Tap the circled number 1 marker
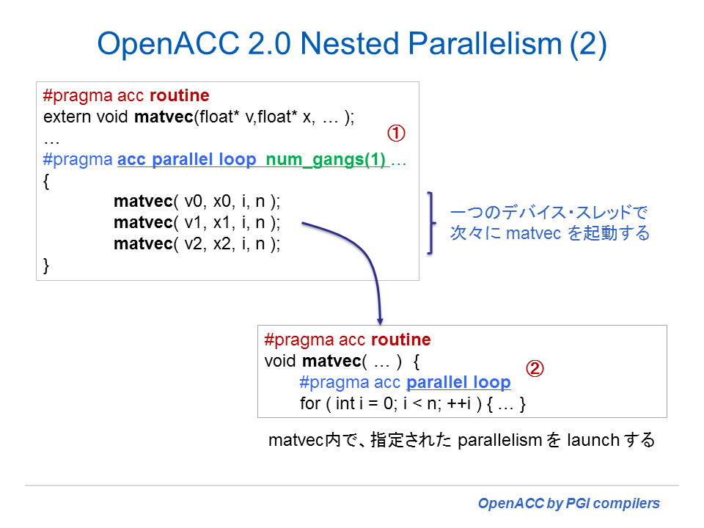pyautogui.click(x=396, y=133)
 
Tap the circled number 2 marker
pyautogui.click(x=536, y=369)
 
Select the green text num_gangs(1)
pyautogui.click(x=326, y=161)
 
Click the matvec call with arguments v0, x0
pyautogui.click(x=197, y=201)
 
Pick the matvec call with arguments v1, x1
pyautogui.click(x=197, y=222)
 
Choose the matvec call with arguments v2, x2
pyautogui.click(x=197, y=243)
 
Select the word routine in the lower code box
pyautogui.click(x=400, y=340)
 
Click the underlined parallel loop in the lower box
pyautogui.click(x=458, y=382)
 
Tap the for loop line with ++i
pyautogui.click(x=414, y=403)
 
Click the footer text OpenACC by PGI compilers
pyautogui.click(x=568, y=504)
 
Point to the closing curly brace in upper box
pyautogui.click(x=48, y=265)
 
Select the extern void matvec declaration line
pyautogui.click(x=199, y=117)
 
